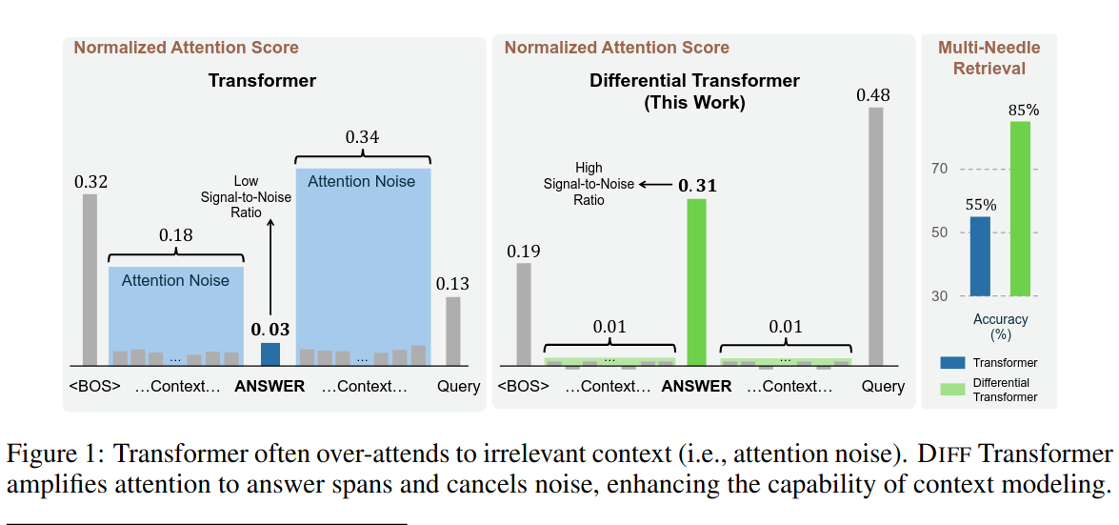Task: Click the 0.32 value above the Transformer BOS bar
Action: click(90, 182)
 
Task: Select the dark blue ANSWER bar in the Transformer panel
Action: click(270, 354)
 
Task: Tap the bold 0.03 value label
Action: click(270, 330)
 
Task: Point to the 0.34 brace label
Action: click(362, 136)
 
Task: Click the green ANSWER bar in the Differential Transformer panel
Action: click(696, 282)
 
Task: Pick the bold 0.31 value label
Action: click(697, 186)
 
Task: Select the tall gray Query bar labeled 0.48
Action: click(875, 237)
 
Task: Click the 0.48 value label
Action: click(875, 95)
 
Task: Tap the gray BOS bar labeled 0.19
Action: click(524, 314)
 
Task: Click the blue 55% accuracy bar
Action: click(981, 256)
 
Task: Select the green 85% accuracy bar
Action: click(1021, 209)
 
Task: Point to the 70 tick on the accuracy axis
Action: click(942, 170)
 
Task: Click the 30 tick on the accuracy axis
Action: click(942, 296)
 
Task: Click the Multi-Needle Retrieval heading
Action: click(989, 58)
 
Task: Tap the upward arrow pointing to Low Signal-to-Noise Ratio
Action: click(270, 268)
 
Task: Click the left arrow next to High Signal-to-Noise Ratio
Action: click(655, 184)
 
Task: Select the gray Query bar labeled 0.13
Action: click(453, 332)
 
